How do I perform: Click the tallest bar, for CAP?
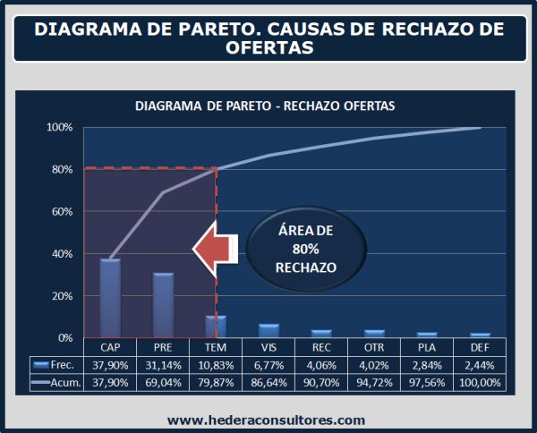(x=110, y=298)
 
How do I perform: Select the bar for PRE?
(x=163, y=305)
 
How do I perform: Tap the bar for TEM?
(x=216, y=327)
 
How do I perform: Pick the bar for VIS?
(x=269, y=331)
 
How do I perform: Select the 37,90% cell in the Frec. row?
(x=110, y=364)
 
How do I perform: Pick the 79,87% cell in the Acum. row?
(x=216, y=383)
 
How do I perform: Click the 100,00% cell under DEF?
(x=480, y=383)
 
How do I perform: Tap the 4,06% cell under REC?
(x=321, y=364)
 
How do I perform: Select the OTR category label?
(x=374, y=346)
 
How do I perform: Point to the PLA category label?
(x=427, y=346)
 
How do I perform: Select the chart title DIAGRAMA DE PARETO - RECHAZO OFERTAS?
(x=265, y=106)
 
